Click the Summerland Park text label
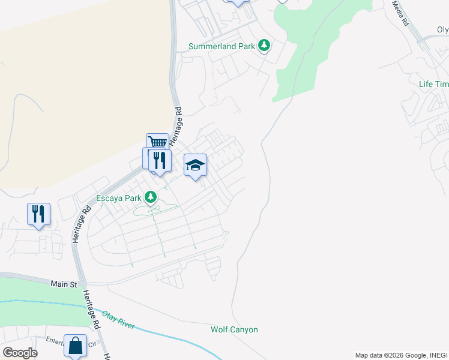221,46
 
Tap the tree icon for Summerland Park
264,45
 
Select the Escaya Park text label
119,197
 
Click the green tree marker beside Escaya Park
151,197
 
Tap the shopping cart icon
157,143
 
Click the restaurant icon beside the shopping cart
160,160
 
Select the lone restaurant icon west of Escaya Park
38,214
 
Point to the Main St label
65,283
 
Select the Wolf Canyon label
234,329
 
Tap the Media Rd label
400,13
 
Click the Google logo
20,352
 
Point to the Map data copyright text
400,355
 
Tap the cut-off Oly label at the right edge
442,29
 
